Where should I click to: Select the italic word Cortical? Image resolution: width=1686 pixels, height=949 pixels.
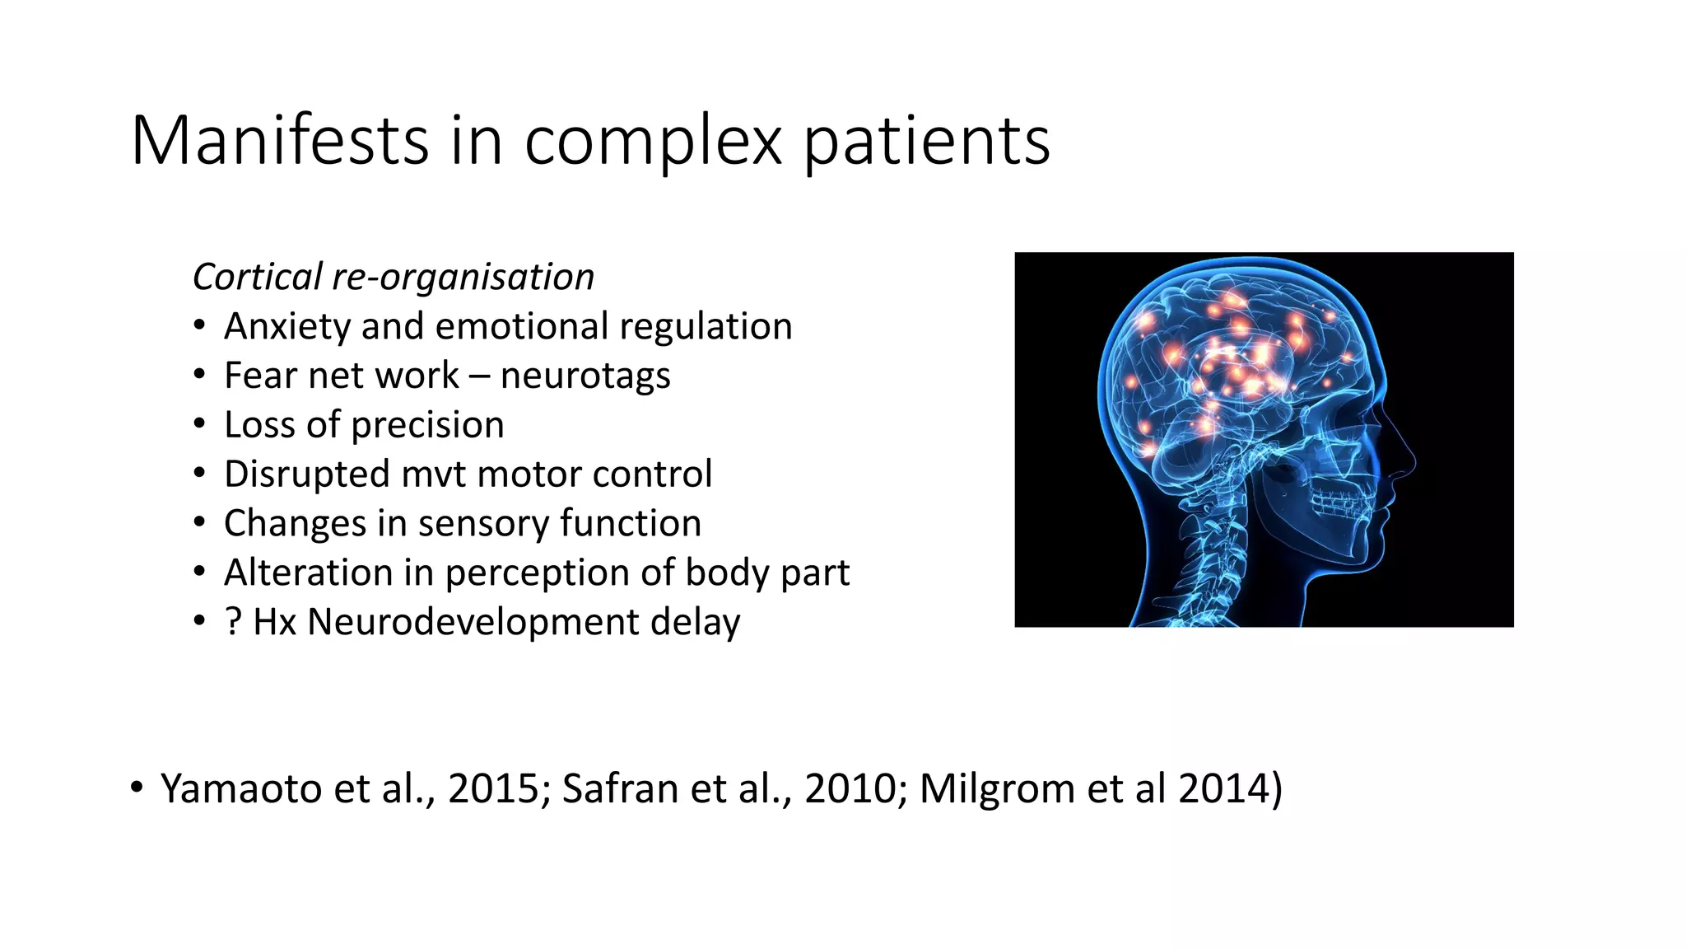pos(258,277)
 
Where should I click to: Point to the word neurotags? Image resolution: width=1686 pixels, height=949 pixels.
pos(585,376)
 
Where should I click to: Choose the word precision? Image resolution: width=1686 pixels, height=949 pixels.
pos(427,425)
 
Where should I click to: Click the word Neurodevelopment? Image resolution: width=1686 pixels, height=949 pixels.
pos(473,622)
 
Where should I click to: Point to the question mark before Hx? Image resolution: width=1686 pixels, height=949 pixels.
pos(233,622)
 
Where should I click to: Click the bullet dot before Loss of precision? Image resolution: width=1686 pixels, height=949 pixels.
pos(199,424)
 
